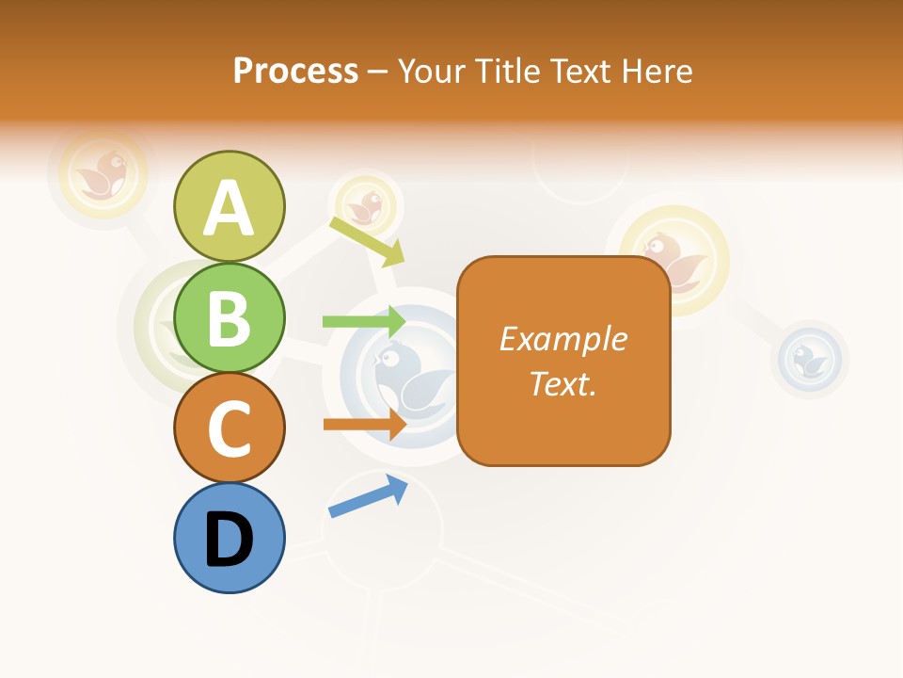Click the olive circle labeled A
coord(229,206)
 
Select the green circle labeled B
coord(229,317)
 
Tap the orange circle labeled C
coord(229,428)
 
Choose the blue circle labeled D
coord(229,538)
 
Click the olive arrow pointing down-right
coord(367,241)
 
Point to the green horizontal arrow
coord(363,322)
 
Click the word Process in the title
coord(295,72)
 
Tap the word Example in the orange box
coord(562,339)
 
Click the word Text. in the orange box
coord(562,383)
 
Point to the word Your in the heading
coord(432,72)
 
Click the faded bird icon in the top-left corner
coord(103,173)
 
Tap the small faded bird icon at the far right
coord(812,359)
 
